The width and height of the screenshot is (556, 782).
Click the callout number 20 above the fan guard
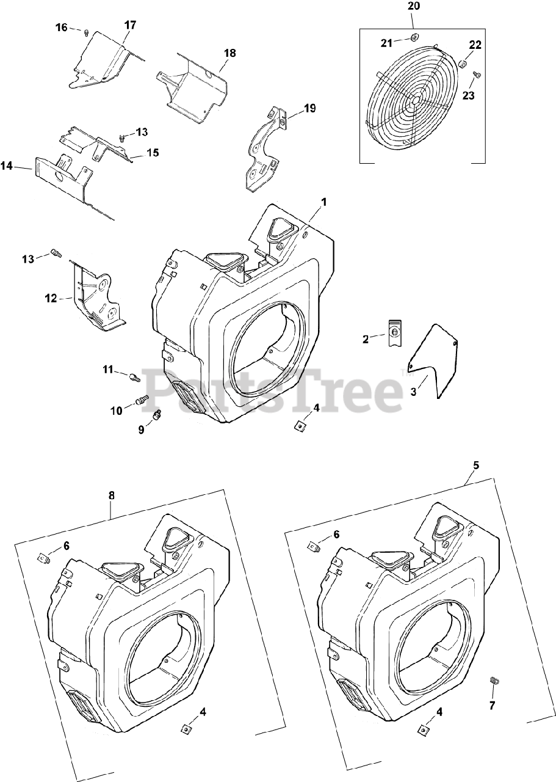coord(413,7)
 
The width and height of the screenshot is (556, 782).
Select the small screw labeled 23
coord(477,75)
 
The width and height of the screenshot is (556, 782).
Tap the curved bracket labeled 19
coord(264,147)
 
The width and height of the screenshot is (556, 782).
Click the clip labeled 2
coord(395,333)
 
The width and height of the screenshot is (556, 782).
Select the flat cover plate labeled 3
coord(435,360)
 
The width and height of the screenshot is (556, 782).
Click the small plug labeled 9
coord(156,415)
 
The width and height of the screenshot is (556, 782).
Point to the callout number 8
coord(111,496)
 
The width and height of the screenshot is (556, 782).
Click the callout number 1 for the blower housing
coord(324,202)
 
